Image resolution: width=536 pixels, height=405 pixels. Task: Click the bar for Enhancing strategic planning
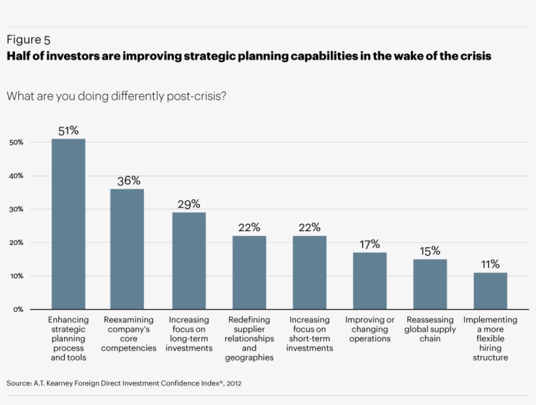click(69, 223)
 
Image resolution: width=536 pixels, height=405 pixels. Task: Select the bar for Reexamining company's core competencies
click(127, 249)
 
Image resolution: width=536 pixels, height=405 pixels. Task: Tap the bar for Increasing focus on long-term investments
click(189, 261)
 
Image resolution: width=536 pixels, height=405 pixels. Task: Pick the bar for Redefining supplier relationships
click(249, 272)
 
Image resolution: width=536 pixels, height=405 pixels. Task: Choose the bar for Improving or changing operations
click(369, 281)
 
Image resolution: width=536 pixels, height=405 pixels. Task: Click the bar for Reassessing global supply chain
click(430, 284)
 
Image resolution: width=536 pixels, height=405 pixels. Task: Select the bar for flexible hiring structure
click(490, 291)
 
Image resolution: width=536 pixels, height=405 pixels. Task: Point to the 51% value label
click(69, 131)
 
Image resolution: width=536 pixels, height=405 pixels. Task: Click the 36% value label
click(129, 181)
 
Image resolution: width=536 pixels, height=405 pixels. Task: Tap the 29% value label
click(189, 204)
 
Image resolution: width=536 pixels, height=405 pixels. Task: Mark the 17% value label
click(369, 244)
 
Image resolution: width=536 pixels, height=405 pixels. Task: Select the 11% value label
click(490, 265)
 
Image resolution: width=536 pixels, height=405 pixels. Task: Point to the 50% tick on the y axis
click(16, 142)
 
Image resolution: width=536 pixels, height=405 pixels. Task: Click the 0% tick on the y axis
click(18, 310)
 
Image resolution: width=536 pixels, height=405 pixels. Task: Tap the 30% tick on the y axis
click(16, 210)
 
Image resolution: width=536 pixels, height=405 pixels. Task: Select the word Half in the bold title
click(20, 56)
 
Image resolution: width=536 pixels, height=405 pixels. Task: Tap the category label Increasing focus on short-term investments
click(310, 334)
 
